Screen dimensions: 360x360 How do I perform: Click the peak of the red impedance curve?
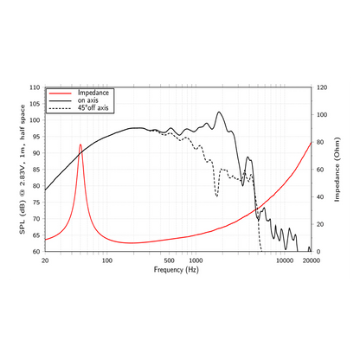coord(80,145)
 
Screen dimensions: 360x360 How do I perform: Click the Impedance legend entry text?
coord(93,93)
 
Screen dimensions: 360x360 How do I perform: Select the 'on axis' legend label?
coord(87,100)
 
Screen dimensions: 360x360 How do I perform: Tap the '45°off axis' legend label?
coord(93,108)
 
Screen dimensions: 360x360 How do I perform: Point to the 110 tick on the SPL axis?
coord(35,87)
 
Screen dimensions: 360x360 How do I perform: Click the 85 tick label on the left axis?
coord(36,170)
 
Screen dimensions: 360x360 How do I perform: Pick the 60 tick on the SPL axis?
coord(36,252)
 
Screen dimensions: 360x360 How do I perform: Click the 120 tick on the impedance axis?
coord(322,87)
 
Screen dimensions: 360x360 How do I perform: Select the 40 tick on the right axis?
coord(320,196)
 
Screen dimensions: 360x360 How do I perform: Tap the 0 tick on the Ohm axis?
coord(318,252)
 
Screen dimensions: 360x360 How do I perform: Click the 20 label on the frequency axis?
coord(45,260)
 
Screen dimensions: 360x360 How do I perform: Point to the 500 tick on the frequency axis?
coord(169,260)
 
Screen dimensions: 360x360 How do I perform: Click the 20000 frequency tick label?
coord(312,260)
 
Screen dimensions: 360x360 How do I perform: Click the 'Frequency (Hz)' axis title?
coord(177,270)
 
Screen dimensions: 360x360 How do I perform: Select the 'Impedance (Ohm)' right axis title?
coord(337,170)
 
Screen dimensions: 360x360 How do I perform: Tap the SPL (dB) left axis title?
coord(22,170)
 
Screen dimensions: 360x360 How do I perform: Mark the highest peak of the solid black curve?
coord(219,112)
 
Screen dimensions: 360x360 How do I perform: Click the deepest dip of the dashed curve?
coord(216,196)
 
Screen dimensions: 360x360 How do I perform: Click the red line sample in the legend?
coord(60,93)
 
